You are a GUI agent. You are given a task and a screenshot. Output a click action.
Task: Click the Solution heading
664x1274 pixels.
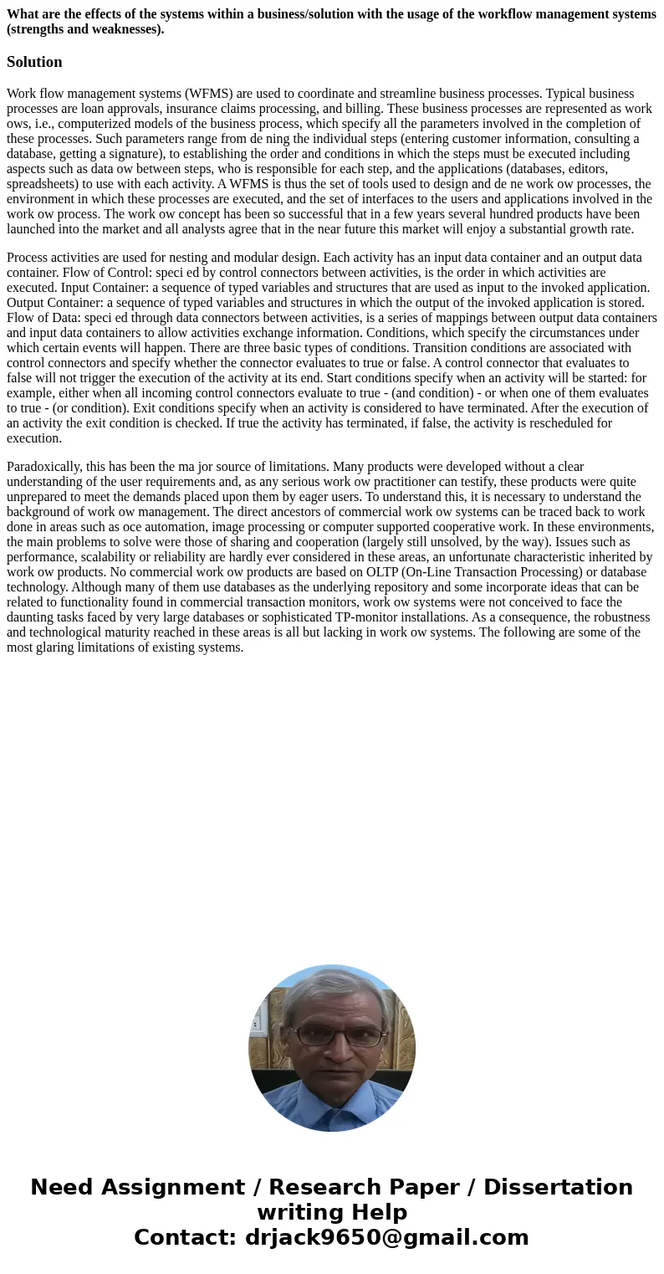tap(34, 62)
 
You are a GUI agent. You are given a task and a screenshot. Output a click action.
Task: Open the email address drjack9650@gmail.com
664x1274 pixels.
tap(386, 1238)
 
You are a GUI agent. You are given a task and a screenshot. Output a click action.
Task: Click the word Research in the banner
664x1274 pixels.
tap(325, 1188)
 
